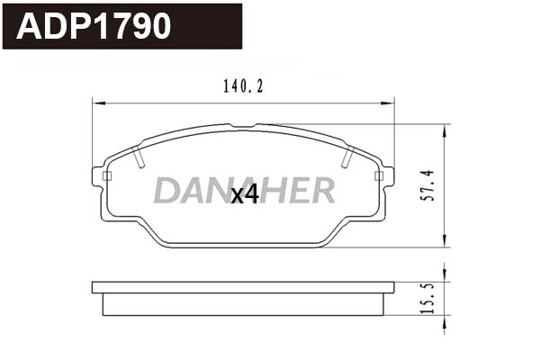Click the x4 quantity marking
pyautogui.click(x=244, y=193)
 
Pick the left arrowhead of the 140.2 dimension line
pyautogui.click(x=96, y=102)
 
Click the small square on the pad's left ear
pyautogui.click(x=107, y=175)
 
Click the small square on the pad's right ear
pyautogui.click(x=378, y=175)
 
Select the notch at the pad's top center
pyautogui.click(x=243, y=126)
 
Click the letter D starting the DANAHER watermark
pyautogui.click(x=166, y=190)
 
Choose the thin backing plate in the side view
pyautogui.click(x=243, y=288)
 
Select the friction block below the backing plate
pyautogui.click(x=243, y=304)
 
